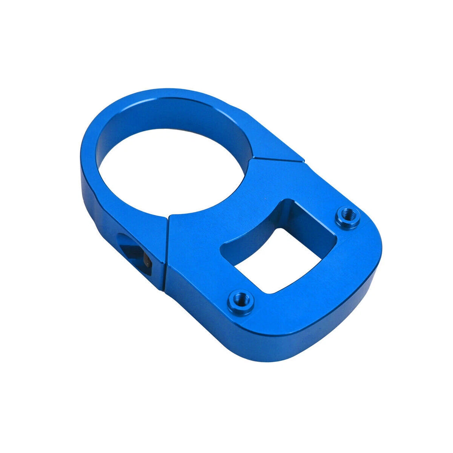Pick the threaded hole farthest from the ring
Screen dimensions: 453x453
pos(348,217)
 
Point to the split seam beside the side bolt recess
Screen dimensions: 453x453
pos(166,252)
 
